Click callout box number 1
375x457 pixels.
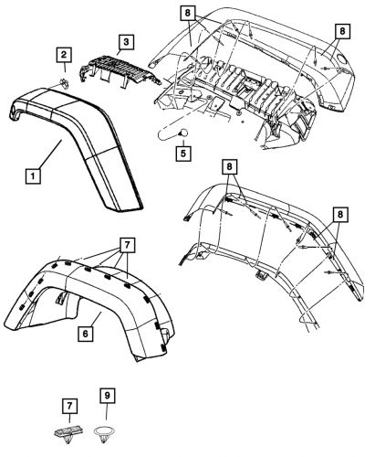(32, 172)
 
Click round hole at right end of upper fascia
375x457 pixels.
(340, 58)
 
